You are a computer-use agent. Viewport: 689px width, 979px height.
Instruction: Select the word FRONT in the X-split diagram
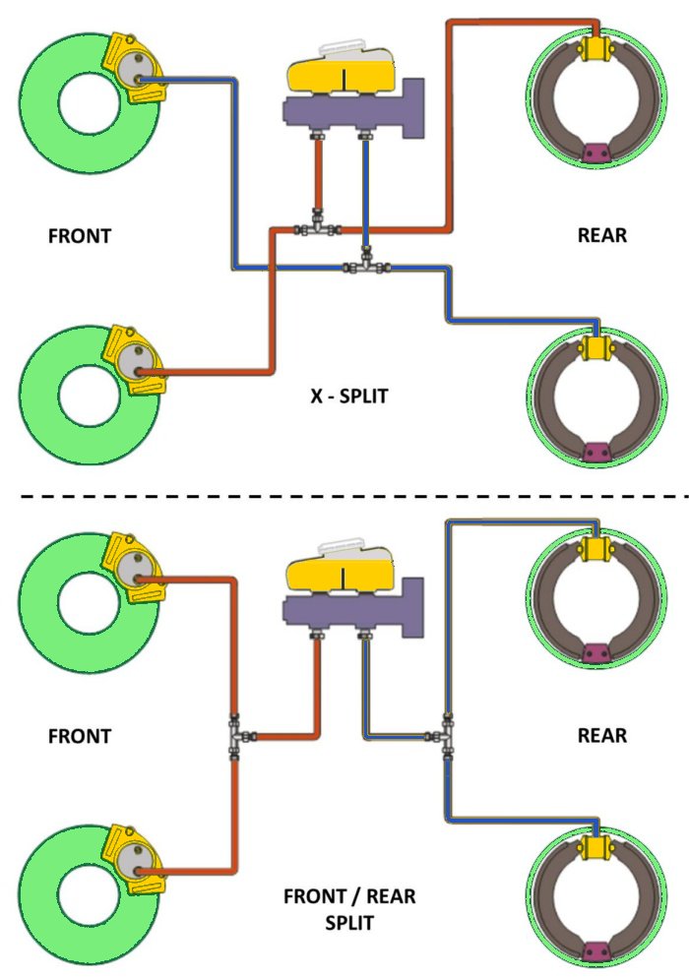coord(80,236)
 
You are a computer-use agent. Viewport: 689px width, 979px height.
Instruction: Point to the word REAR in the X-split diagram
coord(602,236)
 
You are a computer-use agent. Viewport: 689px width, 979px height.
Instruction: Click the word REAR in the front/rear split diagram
coord(602,735)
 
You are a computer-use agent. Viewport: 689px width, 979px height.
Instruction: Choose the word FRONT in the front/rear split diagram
coord(80,735)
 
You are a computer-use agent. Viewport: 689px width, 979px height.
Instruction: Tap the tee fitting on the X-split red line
coord(317,228)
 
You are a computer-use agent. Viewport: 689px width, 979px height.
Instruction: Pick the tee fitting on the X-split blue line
coord(366,266)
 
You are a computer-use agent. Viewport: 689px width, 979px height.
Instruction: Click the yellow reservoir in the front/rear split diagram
coord(340,572)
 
